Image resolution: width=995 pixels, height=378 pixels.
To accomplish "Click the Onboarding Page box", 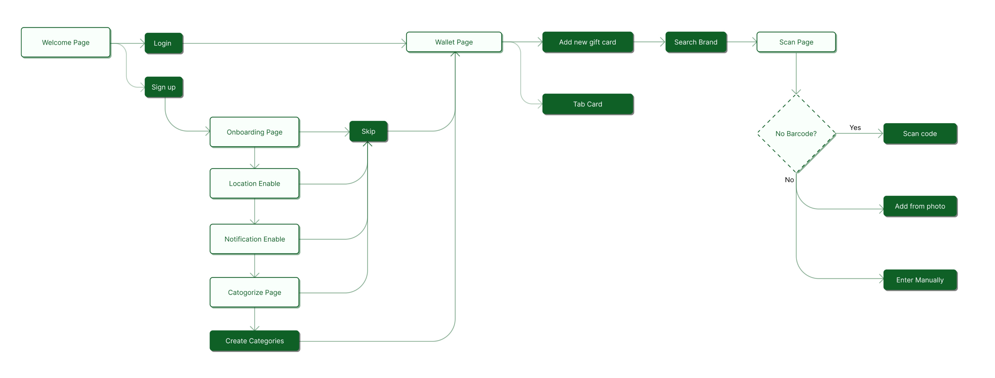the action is [x=255, y=132].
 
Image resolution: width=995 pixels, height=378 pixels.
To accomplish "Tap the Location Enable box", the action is [x=255, y=184].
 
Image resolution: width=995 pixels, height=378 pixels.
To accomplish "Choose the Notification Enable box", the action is [x=255, y=239].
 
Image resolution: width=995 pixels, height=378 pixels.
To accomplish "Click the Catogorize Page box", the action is [x=255, y=293].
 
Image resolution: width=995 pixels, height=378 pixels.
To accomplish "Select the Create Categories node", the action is [x=255, y=341].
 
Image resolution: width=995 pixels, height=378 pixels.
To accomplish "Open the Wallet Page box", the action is [x=454, y=42].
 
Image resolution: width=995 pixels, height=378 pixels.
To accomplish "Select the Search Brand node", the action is [x=696, y=42].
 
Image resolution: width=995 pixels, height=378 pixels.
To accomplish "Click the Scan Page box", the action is [x=796, y=42].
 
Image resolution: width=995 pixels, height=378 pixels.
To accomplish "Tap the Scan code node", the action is [x=920, y=134].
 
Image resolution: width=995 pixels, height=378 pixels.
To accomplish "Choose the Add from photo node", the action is [x=920, y=206].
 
